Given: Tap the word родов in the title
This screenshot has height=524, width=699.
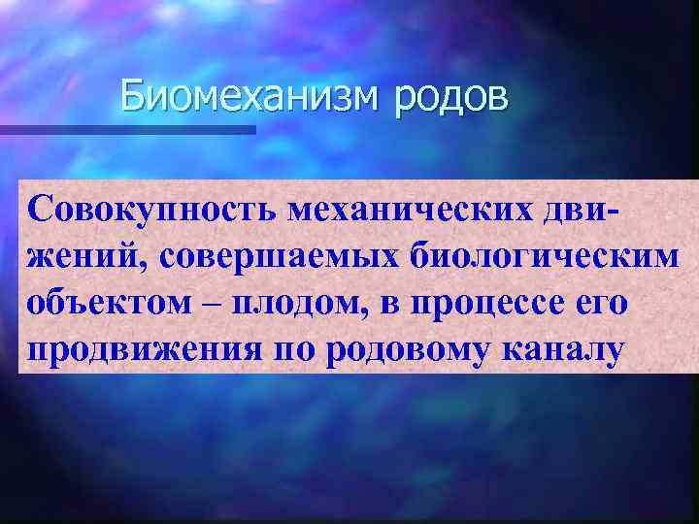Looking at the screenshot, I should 450,99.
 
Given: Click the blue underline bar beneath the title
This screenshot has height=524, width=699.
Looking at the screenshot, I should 127,128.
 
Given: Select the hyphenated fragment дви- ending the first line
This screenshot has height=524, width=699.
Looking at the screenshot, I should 628,208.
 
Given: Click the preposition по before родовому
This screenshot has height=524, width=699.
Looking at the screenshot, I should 298,350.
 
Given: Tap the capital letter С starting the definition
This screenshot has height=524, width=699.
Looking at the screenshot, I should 42,207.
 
